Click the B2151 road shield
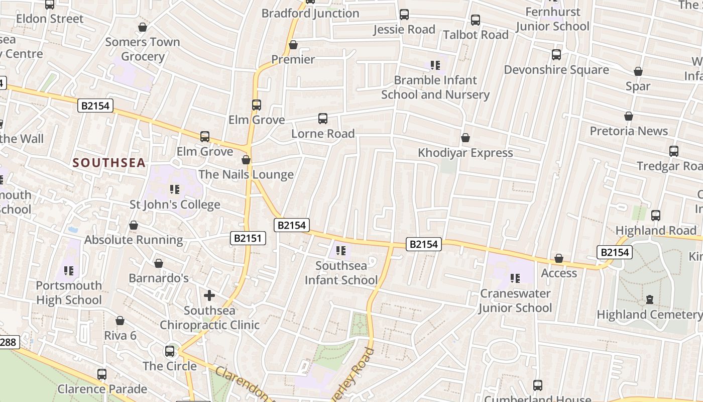coord(248,238)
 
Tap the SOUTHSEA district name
coord(109,163)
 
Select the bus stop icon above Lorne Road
coord(323,119)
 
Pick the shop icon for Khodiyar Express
coord(465,138)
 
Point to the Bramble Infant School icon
coord(435,65)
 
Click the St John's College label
coord(175,205)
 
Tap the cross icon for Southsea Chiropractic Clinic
coord(209,295)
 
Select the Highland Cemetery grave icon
coord(650,299)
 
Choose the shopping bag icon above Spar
coord(638,71)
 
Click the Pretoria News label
coord(629,131)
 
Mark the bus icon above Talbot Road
coord(476,20)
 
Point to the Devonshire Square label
coord(556,70)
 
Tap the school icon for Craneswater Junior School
coord(515,278)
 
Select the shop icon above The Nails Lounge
coord(246,160)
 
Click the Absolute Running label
coord(134,240)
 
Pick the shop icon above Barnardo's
coord(159,263)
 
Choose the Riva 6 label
coord(120,335)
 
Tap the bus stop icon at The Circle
coord(170,351)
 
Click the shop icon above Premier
coord(293,45)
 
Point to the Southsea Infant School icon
coord(341,250)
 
